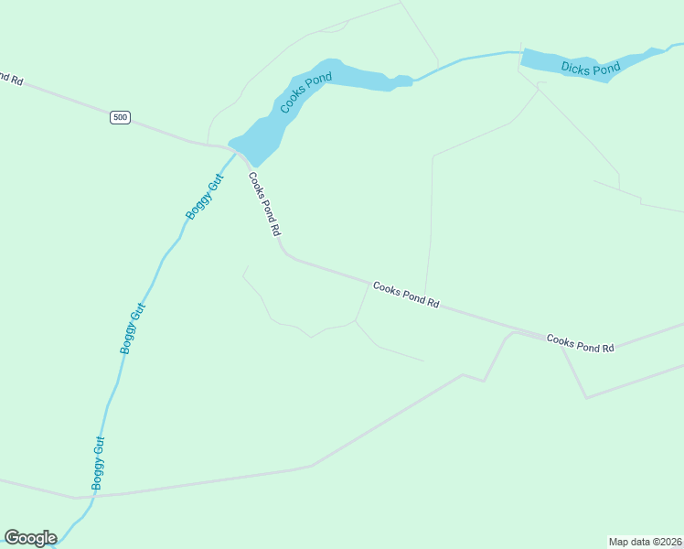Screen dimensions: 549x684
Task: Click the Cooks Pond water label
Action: point(305,92)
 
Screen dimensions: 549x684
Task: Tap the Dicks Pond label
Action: point(590,68)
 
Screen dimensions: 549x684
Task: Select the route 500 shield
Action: point(120,117)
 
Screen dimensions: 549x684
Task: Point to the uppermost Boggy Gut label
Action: point(204,196)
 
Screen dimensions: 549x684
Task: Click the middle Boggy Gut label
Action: point(134,328)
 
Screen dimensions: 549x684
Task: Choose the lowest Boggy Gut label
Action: point(99,464)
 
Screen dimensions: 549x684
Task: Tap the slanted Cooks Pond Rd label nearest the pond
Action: point(263,205)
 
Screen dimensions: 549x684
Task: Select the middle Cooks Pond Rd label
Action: point(406,295)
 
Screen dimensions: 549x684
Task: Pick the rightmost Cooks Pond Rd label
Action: point(580,344)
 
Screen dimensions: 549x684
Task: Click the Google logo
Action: point(30,538)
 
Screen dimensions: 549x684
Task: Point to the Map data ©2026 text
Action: point(645,541)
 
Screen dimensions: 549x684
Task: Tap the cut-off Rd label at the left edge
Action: point(11,79)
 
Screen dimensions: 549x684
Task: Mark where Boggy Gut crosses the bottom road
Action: point(93,496)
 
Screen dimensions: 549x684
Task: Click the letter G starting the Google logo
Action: point(12,538)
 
